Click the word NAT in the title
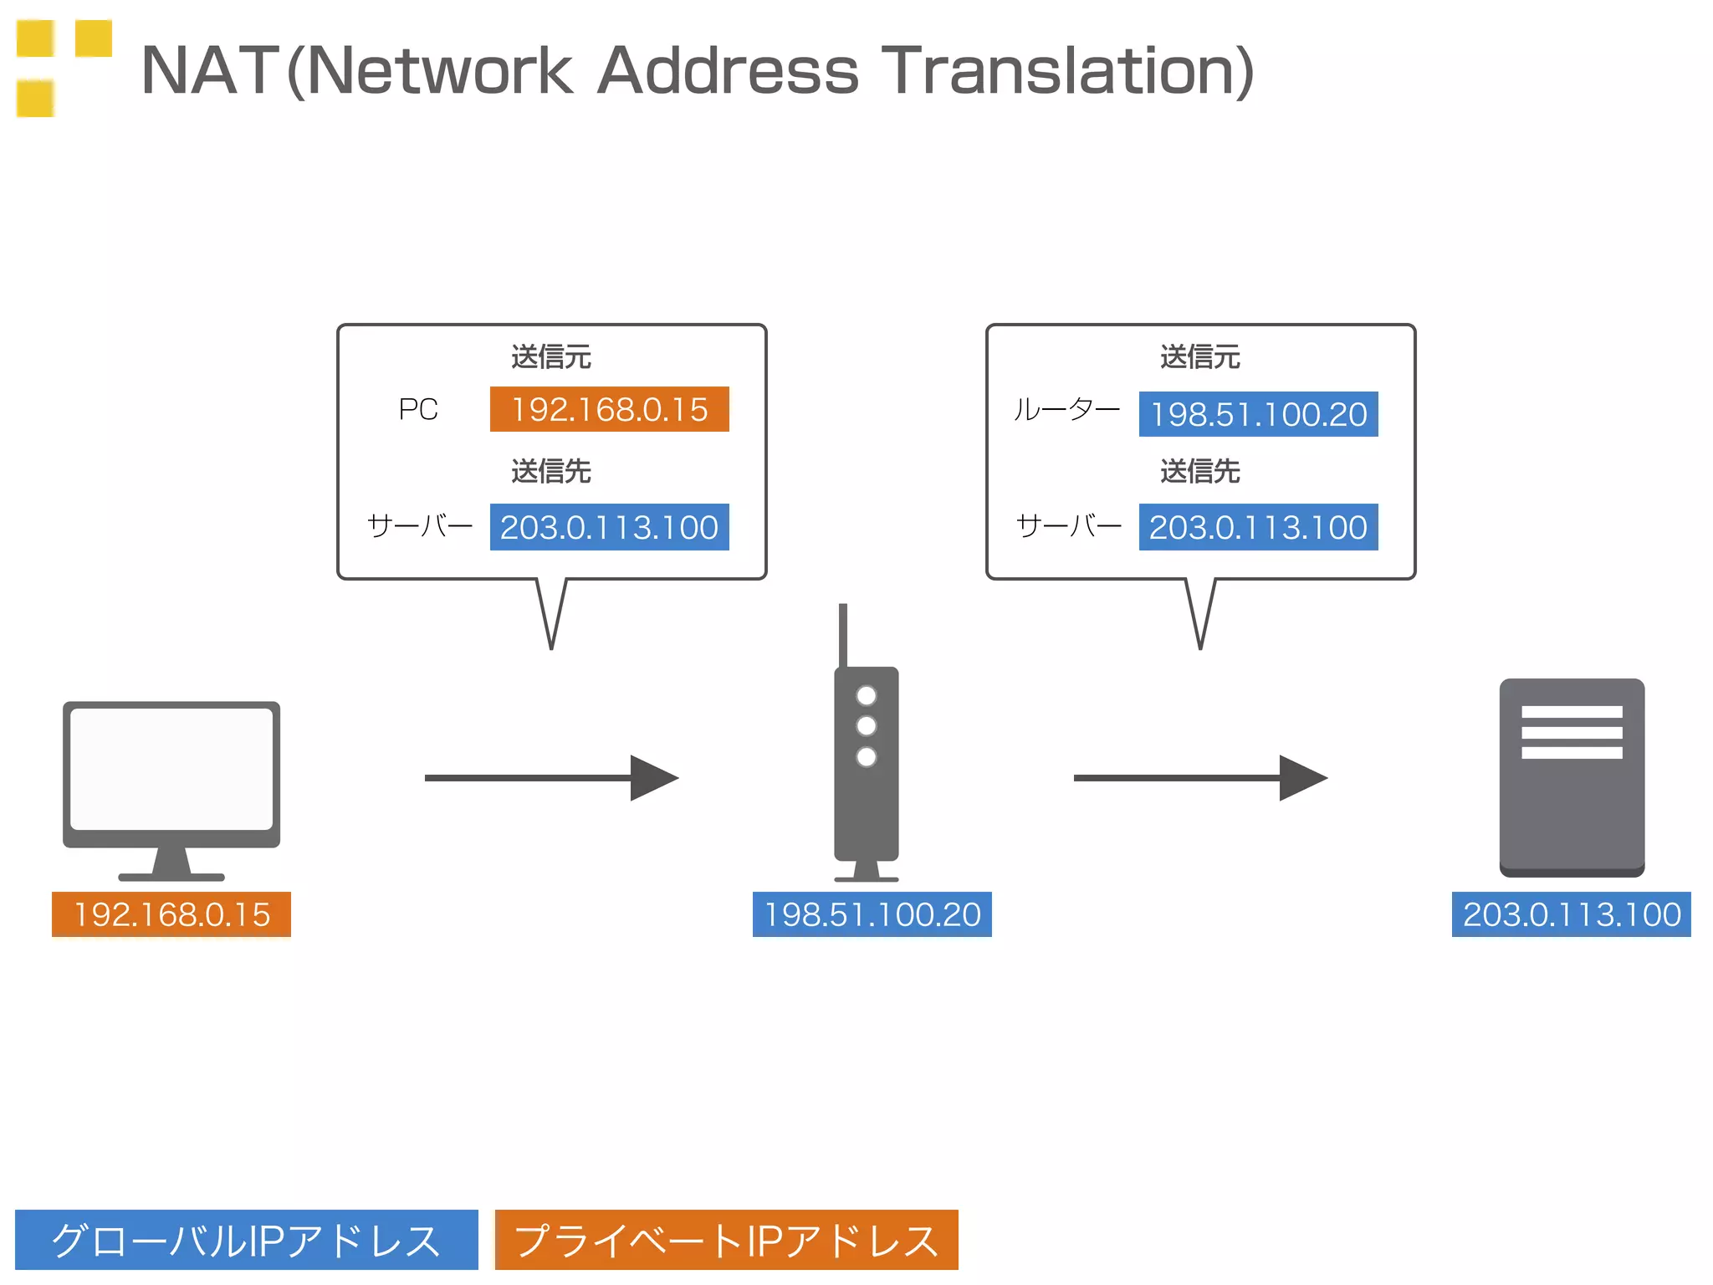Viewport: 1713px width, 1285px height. pos(209,70)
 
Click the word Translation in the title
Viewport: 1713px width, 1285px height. pos(1066,70)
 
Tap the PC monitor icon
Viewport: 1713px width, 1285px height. pos(171,774)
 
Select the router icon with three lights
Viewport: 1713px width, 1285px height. pos(867,761)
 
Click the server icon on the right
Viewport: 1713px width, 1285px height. pos(1572,776)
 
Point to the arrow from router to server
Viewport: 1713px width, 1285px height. pos(1199,778)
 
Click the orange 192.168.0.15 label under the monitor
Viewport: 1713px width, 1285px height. pos(171,914)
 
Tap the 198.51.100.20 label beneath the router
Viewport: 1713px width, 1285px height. pos(872,914)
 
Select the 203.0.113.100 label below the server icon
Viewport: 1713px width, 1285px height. pos(1571,914)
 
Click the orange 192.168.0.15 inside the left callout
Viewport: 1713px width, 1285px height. pos(609,409)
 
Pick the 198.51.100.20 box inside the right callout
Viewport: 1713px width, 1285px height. pos(1258,414)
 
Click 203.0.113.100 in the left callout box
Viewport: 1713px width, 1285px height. pos(609,527)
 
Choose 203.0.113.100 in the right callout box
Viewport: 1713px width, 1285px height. pos(1258,527)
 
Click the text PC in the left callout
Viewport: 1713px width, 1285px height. pos(418,409)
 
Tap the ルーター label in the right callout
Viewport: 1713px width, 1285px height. pos(1066,410)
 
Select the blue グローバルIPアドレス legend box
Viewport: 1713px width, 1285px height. pos(246,1240)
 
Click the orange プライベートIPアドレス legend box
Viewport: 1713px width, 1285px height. pos(726,1240)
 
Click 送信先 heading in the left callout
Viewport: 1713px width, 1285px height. pos(550,471)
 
